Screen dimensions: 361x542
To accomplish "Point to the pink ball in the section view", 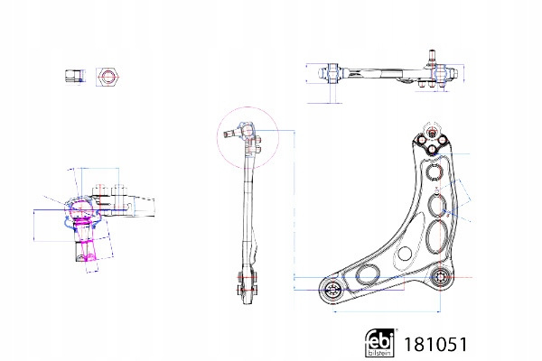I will click(79, 211).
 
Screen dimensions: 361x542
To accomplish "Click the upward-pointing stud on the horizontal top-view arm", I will click(431, 55).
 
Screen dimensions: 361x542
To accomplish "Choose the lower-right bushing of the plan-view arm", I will click(439, 278).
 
